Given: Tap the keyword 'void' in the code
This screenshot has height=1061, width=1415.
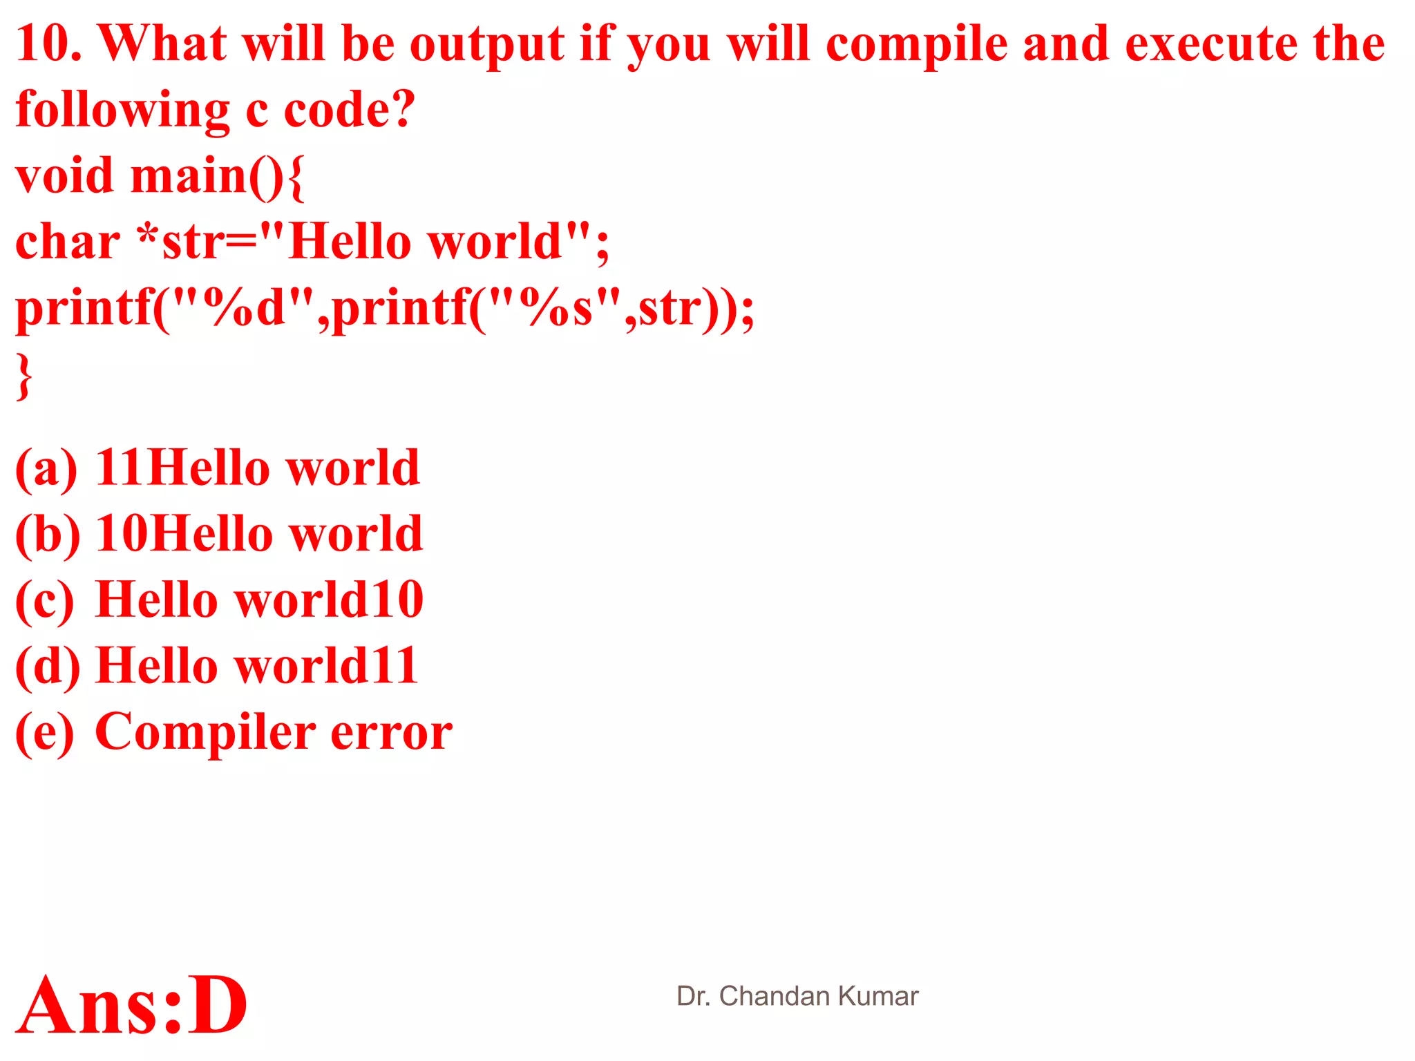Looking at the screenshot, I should tap(64, 175).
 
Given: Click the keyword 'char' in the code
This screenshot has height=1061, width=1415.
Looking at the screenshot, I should tap(68, 242).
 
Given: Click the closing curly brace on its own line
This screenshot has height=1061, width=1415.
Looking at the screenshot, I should tap(24, 376).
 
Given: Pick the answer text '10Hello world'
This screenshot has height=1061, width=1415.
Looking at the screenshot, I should tap(259, 534).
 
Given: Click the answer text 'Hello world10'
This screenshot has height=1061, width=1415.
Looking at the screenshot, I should tap(259, 600).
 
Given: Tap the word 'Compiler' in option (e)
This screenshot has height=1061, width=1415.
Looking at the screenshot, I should tap(205, 732).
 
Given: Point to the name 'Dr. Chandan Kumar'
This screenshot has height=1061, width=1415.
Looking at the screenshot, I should tap(797, 996).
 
